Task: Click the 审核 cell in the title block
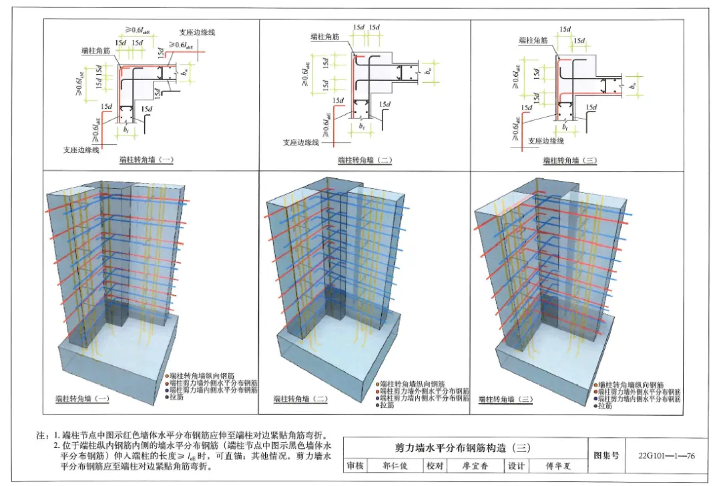[x=355, y=466]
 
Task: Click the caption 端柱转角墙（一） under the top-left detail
[x=146, y=160]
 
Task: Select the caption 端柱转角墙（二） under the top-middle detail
[x=365, y=160]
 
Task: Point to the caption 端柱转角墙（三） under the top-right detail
[x=569, y=160]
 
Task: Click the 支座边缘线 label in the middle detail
[x=300, y=142]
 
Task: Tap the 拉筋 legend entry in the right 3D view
[x=605, y=405]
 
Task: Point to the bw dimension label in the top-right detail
[x=632, y=85]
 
